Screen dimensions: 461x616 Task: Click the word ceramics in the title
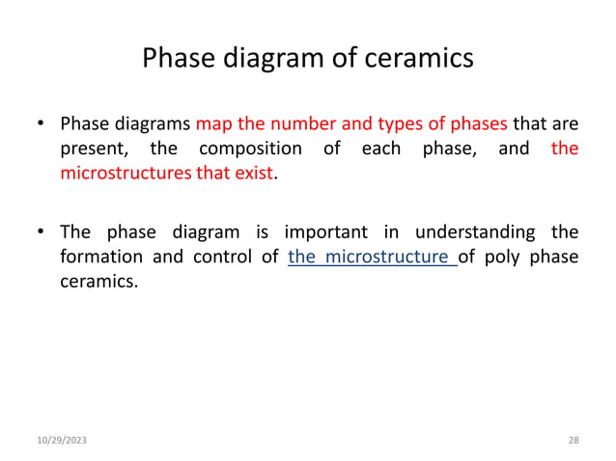click(419, 59)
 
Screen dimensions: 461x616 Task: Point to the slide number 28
click(574, 440)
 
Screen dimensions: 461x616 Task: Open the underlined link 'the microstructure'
click(372, 258)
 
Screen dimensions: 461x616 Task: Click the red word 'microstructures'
click(120, 175)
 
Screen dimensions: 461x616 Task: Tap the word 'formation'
click(102, 258)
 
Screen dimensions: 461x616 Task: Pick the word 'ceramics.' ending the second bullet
click(98, 283)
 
